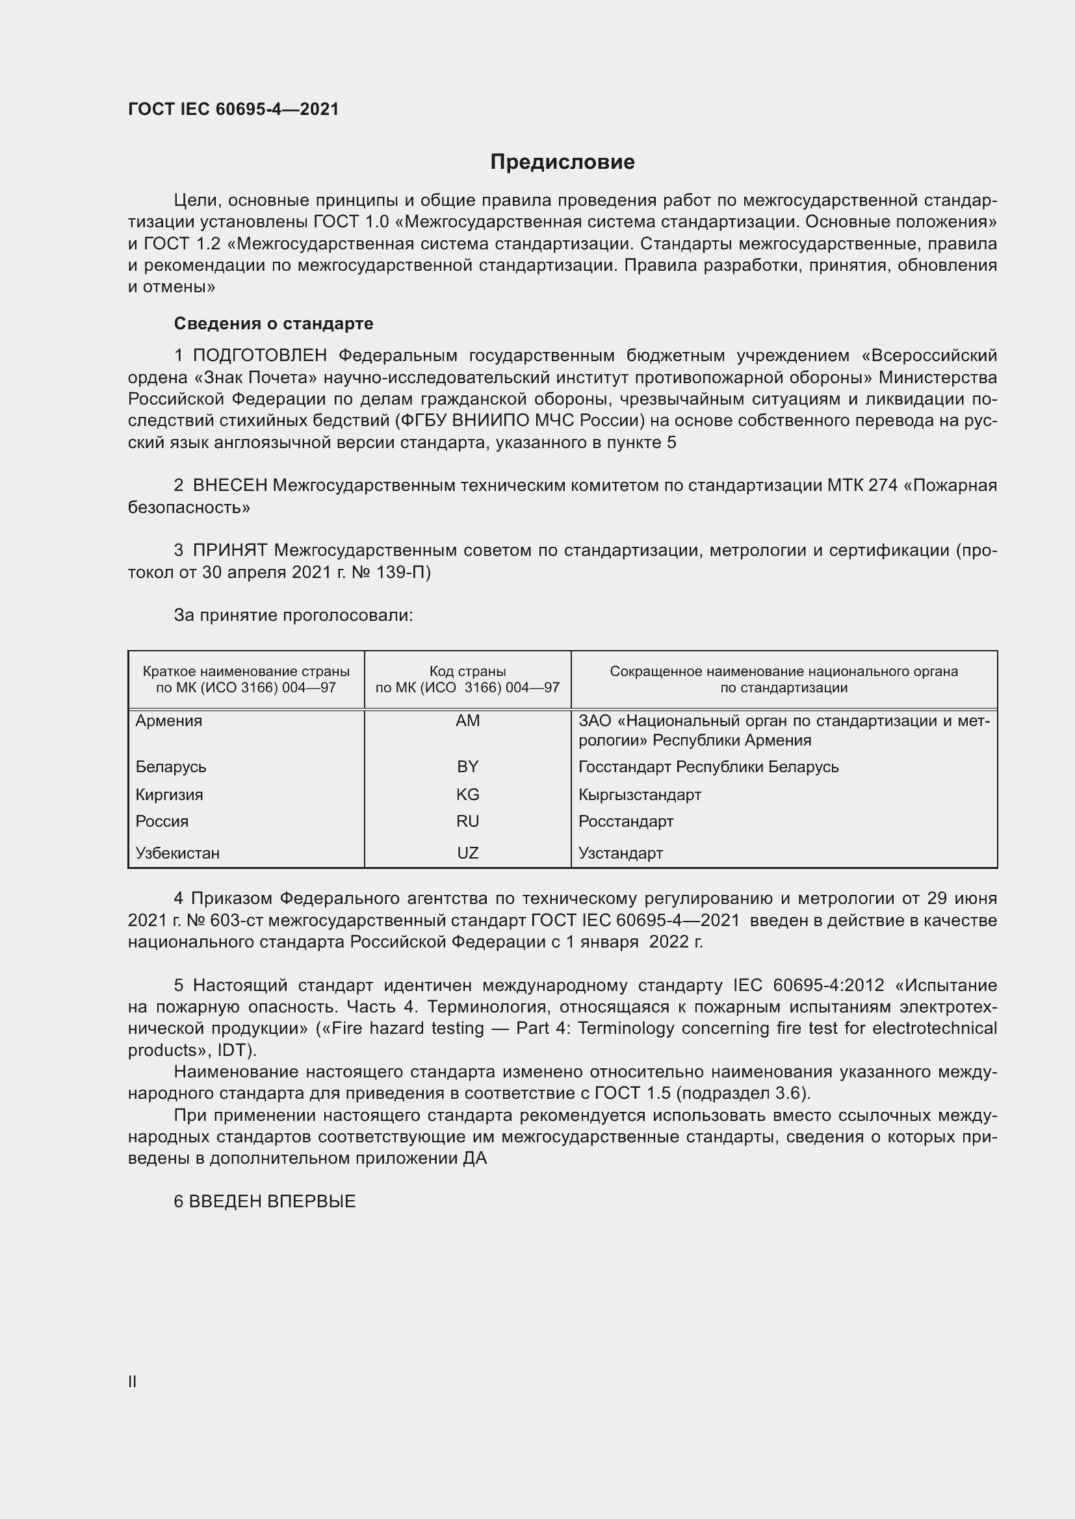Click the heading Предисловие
tap(562, 162)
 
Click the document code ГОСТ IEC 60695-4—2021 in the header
tap(233, 109)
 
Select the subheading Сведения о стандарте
tap(274, 323)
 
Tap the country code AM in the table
tap(467, 721)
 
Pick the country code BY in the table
tap(467, 767)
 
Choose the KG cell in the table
tap(467, 794)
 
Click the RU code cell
tap(467, 822)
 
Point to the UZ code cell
tap(467, 853)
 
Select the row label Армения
tap(169, 721)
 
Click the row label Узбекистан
tap(177, 853)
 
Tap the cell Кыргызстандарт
tap(640, 794)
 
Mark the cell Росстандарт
tap(625, 822)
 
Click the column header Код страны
tap(467, 672)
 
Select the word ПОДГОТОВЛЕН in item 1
tap(259, 356)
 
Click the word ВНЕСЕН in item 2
tap(229, 486)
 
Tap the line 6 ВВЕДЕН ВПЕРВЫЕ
tap(265, 1201)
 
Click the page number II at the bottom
tap(133, 1381)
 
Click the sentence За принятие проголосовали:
tap(293, 615)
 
